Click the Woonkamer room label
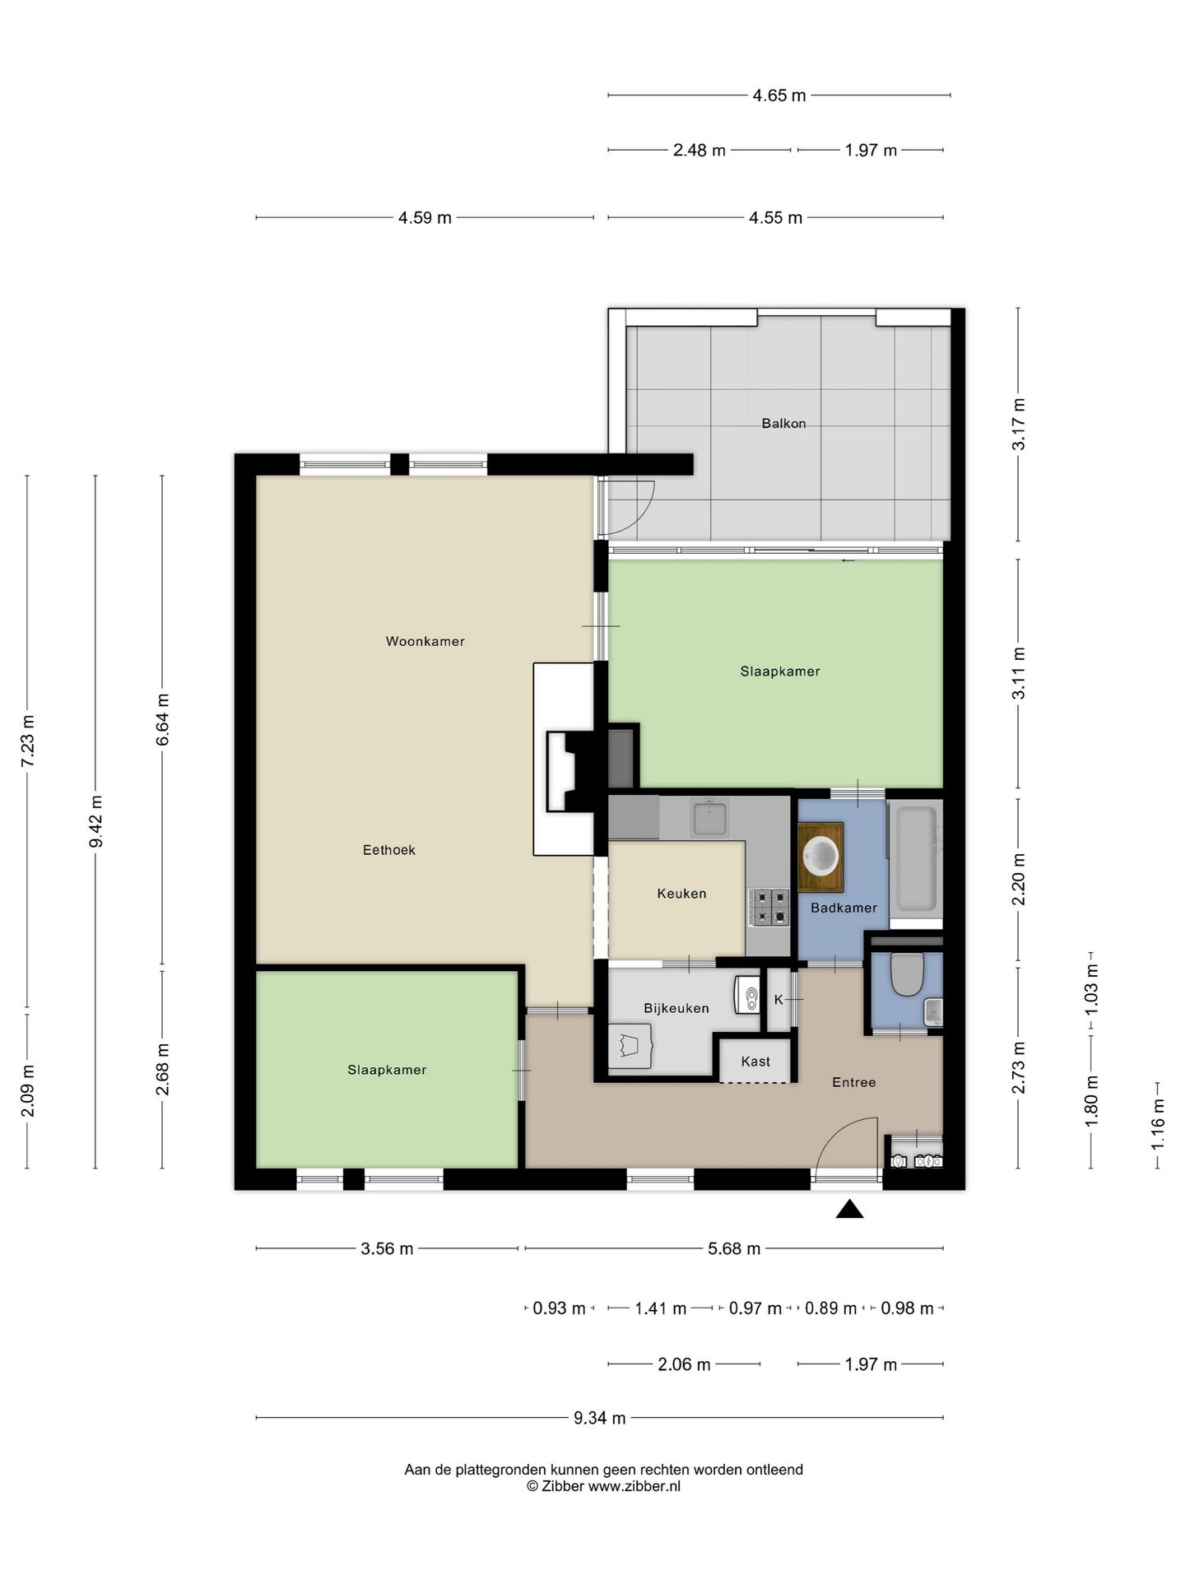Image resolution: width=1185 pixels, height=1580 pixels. pyautogui.click(x=425, y=641)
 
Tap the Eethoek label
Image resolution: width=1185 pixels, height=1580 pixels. pyautogui.click(x=389, y=850)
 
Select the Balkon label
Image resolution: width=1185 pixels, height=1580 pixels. pyautogui.click(x=783, y=424)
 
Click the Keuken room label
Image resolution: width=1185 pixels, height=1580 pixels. pyautogui.click(x=681, y=894)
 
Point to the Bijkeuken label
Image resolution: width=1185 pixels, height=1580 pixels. pyautogui.click(x=676, y=1009)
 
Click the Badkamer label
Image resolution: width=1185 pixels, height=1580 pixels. pyautogui.click(x=843, y=908)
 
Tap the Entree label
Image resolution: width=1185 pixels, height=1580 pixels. pyautogui.click(x=853, y=1082)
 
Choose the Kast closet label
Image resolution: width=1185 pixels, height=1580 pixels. pyautogui.click(x=755, y=1062)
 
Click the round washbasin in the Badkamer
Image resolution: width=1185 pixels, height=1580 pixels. pyautogui.click(x=821, y=856)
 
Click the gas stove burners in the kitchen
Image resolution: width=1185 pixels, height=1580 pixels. pyautogui.click(x=769, y=908)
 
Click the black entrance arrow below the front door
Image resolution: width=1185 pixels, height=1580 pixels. pyautogui.click(x=849, y=1209)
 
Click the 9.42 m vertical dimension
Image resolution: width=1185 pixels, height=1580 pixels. pyautogui.click(x=95, y=821)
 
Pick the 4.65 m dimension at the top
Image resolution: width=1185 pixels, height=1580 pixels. pyautogui.click(x=779, y=95)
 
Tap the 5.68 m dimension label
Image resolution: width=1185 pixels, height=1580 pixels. pyautogui.click(x=734, y=1249)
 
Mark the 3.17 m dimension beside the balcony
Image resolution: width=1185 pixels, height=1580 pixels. pyautogui.click(x=1019, y=424)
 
